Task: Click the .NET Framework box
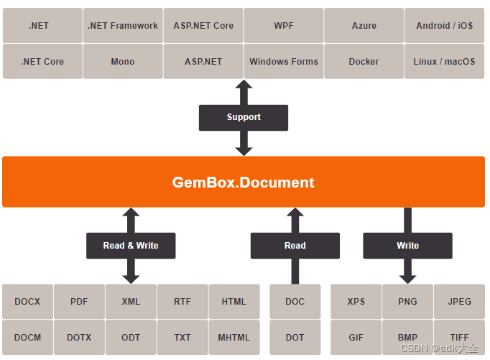tap(123, 26)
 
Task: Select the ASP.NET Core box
tap(203, 26)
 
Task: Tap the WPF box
tap(284, 26)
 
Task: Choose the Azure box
tap(364, 26)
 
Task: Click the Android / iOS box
tap(445, 26)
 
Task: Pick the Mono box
tap(123, 62)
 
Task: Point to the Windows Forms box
tap(284, 62)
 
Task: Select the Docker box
tap(364, 62)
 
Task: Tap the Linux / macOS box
tap(445, 62)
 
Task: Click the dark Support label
tap(244, 117)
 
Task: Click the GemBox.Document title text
tap(244, 183)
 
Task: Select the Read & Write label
tap(131, 246)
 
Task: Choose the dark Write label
tap(407, 246)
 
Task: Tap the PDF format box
tap(79, 302)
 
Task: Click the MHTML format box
tap(234, 338)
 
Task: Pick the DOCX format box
tap(27, 302)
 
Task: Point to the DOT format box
tap(295, 338)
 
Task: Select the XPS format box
tap(356, 302)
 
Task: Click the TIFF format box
tap(459, 338)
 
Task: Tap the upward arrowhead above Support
tap(244, 86)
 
